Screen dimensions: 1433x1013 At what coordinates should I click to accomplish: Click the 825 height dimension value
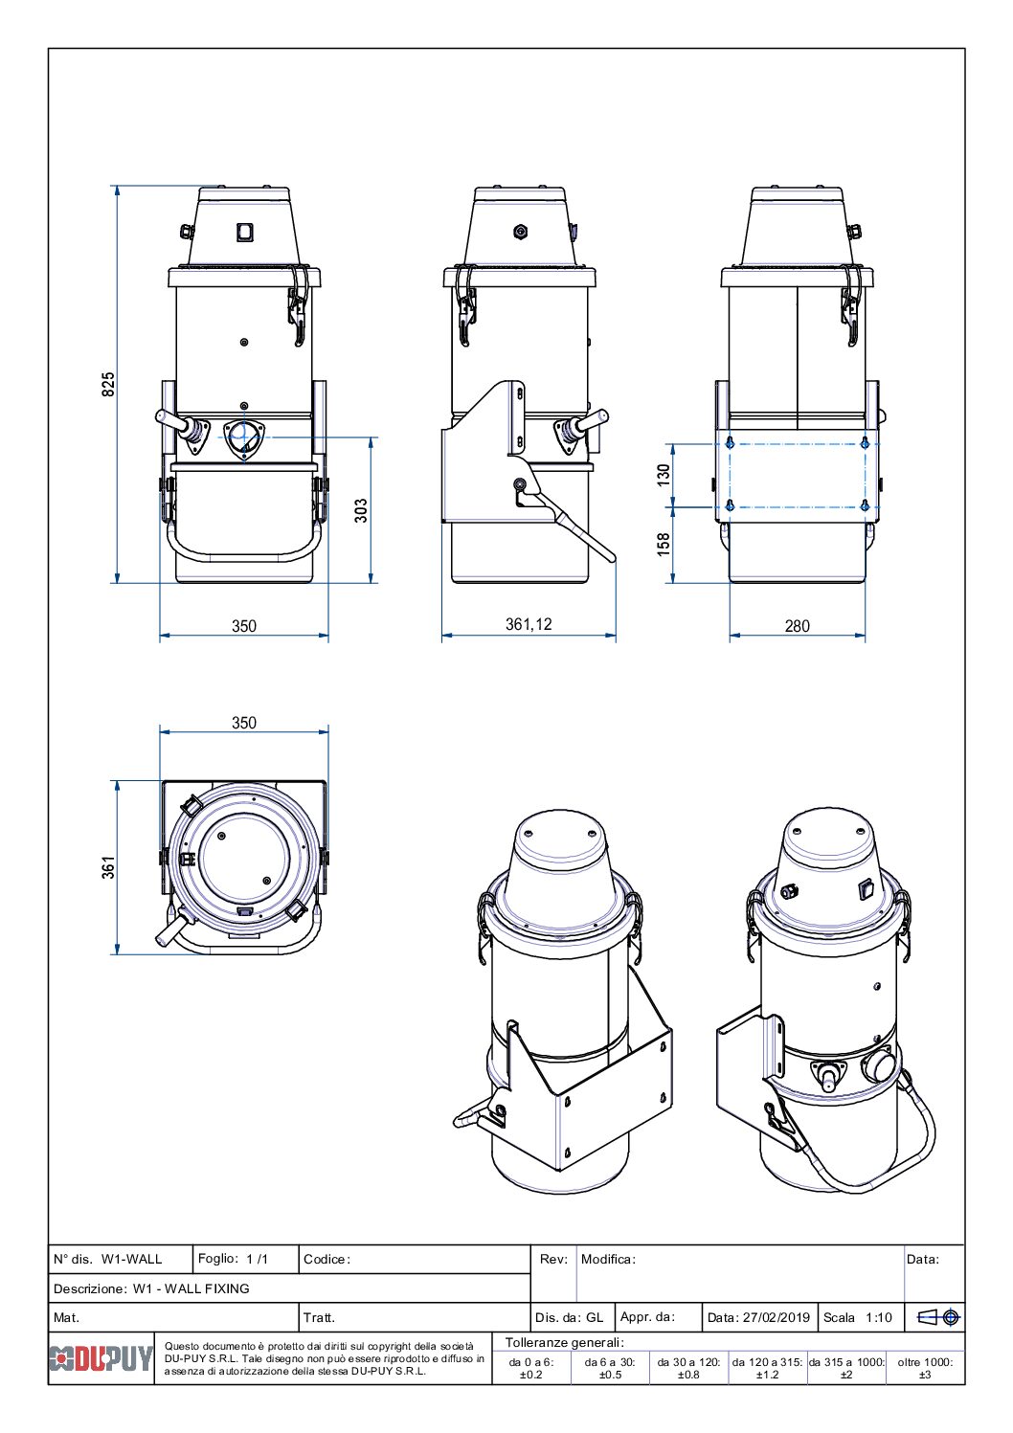[x=109, y=385]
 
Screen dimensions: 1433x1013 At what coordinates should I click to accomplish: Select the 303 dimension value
[x=361, y=510]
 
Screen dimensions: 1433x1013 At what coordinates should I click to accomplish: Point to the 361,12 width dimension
[x=529, y=624]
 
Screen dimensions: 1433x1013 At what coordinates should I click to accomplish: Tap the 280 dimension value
[x=797, y=626]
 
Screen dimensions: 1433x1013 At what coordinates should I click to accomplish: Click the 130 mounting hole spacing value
[x=664, y=475]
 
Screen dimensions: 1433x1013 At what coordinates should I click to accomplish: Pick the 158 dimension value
[x=664, y=545]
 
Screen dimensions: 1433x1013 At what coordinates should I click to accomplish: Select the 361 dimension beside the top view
[x=109, y=867]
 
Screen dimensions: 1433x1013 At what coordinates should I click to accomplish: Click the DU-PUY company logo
[x=101, y=1358]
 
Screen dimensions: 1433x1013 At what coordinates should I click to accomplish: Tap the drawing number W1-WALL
[x=132, y=1259]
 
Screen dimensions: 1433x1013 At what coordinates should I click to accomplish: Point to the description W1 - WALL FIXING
[x=191, y=1288]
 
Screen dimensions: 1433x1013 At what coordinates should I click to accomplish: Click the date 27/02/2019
[x=776, y=1317]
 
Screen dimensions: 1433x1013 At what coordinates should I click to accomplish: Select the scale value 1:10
[x=878, y=1317]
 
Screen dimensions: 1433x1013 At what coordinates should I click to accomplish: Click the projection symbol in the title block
[x=938, y=1317]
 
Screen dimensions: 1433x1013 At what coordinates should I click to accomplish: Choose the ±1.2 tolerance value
[x=767, y=1375]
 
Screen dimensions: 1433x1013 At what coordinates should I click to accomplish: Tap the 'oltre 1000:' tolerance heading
[x=925, y=1361]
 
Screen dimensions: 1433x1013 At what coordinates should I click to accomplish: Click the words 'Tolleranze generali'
[x=564, y=1343]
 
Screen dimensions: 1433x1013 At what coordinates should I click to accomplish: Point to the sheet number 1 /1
[x=258, y=1259]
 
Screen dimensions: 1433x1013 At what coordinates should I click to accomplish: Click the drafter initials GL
[x=595, y=1317]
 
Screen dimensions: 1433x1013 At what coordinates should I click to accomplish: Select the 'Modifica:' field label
[x=608, y=1259]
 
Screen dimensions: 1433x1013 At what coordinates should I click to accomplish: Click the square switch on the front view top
[x=244, y=231]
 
